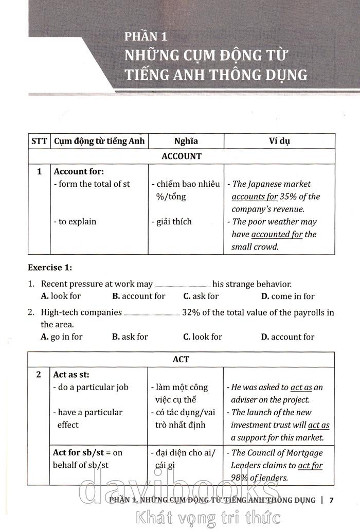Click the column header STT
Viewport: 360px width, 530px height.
[39, 141]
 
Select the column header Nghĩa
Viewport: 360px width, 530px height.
[186, 141]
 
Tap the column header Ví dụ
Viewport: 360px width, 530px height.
[279, 141]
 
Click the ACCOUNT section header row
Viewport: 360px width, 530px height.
[181, 156]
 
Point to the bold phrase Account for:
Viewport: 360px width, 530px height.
[79, 171]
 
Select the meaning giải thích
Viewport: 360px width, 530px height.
[174, 222]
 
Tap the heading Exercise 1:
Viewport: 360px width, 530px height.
[50, 268]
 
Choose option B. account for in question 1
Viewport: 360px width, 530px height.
[138, 296]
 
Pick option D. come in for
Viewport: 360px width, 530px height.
[287, 296]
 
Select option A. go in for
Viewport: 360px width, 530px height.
[61, 337]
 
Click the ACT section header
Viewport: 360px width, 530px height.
[181, 359]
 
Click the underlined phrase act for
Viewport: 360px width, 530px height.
[310, 466]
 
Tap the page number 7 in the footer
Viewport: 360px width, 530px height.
[332, 500]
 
